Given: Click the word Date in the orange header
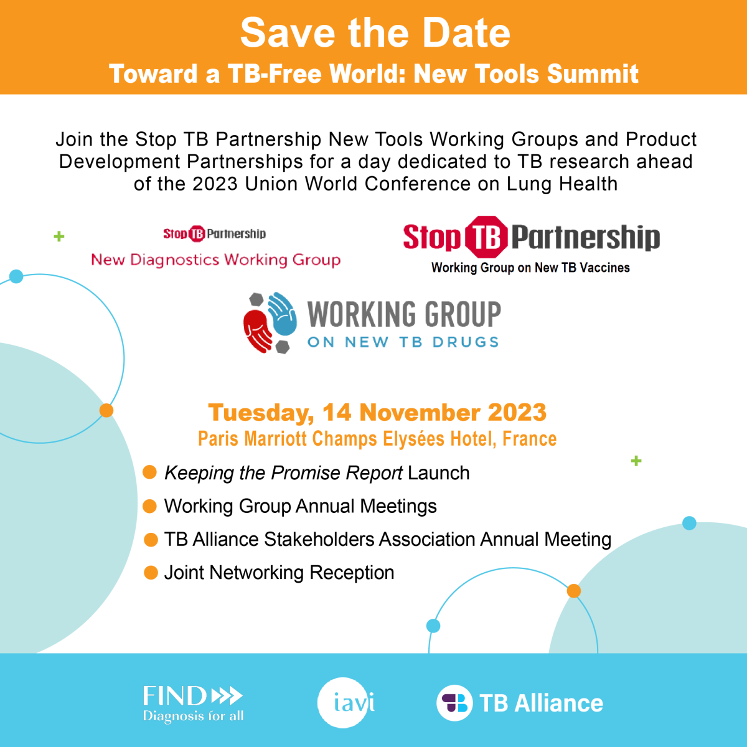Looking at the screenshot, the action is tap(466, 33).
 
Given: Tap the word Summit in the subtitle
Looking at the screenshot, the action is tap(593, 73).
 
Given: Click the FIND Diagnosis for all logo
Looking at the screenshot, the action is tap(193, 703).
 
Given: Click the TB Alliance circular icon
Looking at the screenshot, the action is tap(454, 703).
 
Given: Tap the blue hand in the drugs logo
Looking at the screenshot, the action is tap(282, 313).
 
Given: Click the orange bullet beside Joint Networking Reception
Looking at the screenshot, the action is tap(151, 572).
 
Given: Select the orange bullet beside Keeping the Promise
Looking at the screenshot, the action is tap(149, 472).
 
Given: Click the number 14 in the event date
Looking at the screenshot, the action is tap(337, 412).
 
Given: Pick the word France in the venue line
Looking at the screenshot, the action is tap(530, 439).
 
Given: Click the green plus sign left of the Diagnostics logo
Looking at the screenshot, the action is tap(59, 236).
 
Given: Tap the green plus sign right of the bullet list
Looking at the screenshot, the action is tap(636, 461).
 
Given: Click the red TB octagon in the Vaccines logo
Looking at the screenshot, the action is tap(487, 237).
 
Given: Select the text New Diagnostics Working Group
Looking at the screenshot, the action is tap(216, 260).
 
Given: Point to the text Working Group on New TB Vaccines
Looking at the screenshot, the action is tap(530, 268).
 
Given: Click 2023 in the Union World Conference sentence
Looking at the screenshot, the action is tap(215, 184).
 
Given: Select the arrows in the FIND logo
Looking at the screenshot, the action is tap(227, 695).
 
